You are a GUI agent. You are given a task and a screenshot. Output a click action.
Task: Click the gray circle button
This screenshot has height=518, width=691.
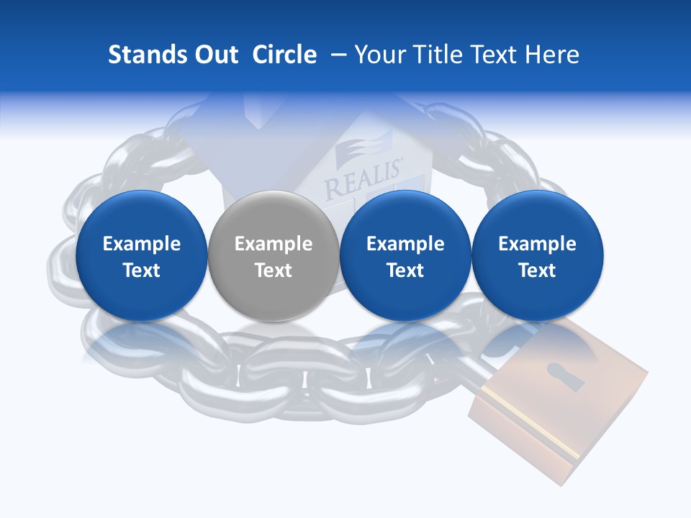273,255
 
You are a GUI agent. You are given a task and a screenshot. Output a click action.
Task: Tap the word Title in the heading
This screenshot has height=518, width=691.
435,55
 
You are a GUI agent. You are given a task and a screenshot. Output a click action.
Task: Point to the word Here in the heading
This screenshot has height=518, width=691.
555,55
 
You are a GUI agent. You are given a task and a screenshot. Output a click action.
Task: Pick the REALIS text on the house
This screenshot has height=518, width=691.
364,181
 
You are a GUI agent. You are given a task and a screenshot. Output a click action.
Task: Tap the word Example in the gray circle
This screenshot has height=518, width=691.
274,244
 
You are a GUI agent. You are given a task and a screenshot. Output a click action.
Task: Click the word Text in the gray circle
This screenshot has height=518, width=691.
274,271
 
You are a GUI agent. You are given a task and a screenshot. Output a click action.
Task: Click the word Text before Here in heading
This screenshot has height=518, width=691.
500,55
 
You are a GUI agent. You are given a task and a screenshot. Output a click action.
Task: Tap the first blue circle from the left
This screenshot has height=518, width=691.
141,255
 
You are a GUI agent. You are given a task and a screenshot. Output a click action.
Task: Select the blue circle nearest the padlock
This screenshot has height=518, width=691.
537,255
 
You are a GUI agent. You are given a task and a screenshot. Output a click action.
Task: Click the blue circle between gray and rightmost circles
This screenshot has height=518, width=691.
405,255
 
